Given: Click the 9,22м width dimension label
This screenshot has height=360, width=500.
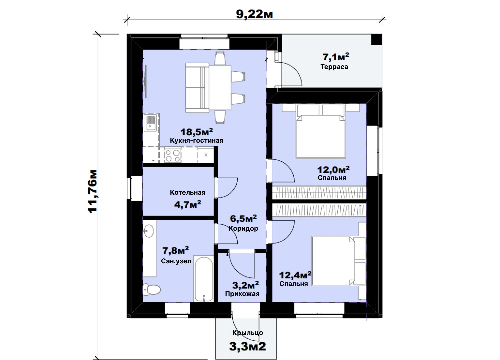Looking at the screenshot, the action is pos(254,15).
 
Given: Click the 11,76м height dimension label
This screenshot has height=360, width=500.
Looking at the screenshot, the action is pos(93,191).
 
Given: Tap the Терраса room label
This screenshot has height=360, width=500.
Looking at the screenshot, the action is pos(334,67).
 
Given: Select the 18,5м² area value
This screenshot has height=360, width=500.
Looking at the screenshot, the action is pos(197,132).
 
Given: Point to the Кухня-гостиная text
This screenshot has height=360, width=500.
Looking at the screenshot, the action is pos(197,140).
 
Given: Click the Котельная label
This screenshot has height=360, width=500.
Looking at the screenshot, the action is pos(188,192).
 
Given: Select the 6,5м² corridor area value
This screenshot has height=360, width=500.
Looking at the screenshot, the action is pos(243,219).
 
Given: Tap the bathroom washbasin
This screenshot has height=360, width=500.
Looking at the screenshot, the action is pos(148,231).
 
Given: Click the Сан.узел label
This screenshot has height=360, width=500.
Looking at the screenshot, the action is pos(176,261).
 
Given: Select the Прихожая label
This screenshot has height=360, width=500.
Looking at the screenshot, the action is pos(242,294).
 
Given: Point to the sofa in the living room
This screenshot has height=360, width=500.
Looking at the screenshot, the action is pos(197,87).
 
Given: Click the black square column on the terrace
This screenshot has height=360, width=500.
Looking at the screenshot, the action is pos(377,39).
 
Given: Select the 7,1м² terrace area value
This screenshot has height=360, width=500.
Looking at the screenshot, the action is pos(336,57).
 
